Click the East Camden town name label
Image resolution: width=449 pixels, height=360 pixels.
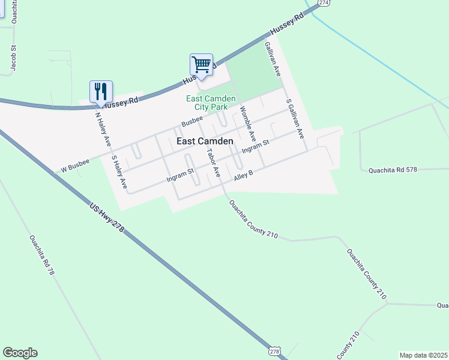tap(205, 141)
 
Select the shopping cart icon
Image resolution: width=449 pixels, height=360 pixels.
tap(202, 64)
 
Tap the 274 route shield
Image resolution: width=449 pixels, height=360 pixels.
tap(324, 3)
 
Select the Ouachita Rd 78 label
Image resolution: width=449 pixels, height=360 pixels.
tap(42, 254)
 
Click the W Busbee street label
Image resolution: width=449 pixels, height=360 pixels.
tap(74, 166)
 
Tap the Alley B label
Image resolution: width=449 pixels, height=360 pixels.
tap(244, 174)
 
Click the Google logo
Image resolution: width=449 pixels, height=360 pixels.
tap(20, 353)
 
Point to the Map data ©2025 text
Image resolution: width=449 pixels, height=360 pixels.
tap(423, 355)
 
